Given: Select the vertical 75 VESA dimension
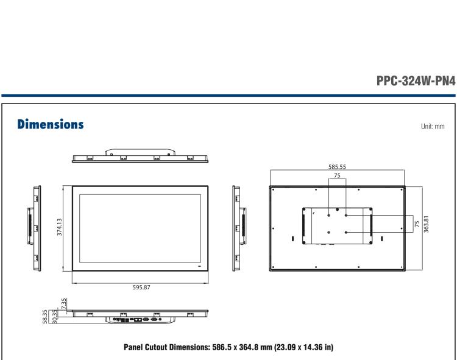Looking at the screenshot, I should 416,224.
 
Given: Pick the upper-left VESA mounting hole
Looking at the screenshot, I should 329,215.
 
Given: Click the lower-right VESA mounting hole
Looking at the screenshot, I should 347,232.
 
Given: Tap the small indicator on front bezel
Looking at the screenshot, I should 199,266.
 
